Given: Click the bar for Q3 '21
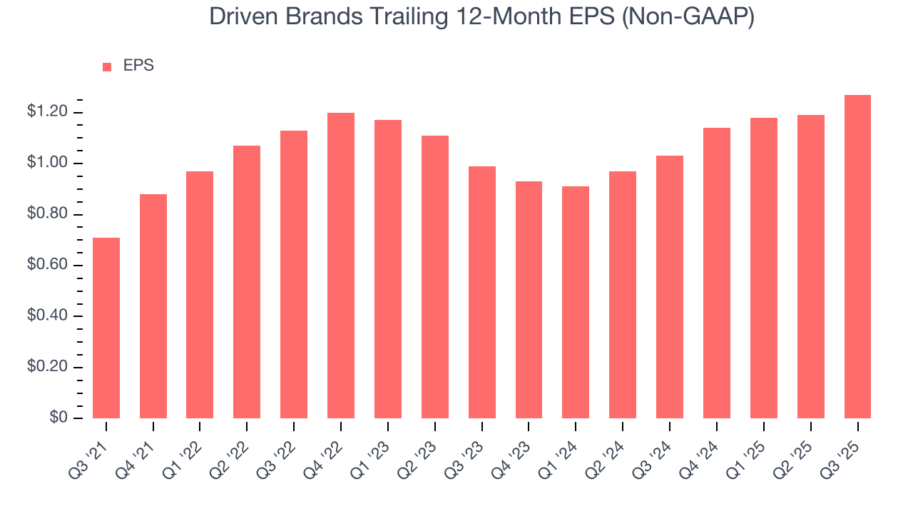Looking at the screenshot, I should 106,328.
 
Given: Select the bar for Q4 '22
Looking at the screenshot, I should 341,266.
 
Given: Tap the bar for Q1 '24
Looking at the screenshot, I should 576,302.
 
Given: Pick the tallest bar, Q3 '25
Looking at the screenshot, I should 857,256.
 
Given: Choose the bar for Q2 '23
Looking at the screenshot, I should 435,277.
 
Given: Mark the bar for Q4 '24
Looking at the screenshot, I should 716,273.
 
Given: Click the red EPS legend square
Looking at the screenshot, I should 107,66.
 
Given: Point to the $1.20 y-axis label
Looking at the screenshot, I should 47,112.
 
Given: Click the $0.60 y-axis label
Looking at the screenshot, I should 47,266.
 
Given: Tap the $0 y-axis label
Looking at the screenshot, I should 58,418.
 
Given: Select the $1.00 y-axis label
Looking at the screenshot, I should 47,163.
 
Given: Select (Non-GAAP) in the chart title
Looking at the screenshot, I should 688,17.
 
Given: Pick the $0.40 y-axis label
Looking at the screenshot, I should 47,316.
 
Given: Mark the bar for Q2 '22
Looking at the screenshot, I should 247,282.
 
